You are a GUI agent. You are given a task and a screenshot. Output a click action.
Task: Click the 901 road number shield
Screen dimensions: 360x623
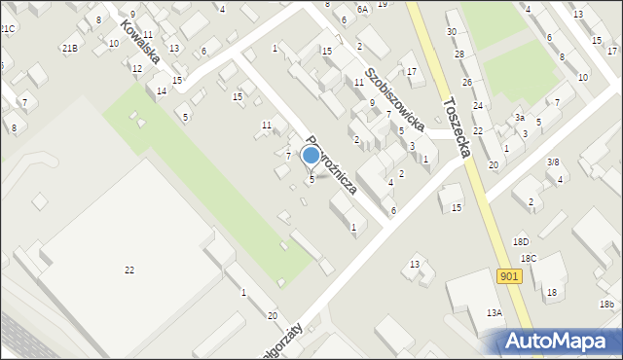509,277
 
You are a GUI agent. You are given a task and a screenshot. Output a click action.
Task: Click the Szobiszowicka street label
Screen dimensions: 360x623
393,99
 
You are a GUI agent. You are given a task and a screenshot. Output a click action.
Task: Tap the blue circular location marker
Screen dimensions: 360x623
311,155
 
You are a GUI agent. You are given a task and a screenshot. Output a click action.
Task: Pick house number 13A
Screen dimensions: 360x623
495,312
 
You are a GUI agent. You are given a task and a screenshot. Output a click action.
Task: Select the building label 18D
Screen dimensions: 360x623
522,241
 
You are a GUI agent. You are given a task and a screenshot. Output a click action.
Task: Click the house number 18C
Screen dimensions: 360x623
529,258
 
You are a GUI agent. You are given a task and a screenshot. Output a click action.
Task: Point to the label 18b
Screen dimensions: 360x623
607,305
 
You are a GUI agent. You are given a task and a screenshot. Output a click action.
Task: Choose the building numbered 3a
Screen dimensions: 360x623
521,117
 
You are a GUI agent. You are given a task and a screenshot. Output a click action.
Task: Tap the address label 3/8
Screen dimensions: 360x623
552,162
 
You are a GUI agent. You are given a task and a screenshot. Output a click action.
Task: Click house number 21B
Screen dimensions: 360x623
69,48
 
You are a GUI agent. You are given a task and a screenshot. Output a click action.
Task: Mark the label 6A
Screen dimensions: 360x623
363,9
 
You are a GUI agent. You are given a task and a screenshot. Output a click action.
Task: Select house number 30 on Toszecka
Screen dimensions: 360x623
452,32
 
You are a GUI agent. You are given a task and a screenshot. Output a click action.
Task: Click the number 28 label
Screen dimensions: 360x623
459,54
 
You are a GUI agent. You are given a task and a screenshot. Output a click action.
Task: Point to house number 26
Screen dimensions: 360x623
467,83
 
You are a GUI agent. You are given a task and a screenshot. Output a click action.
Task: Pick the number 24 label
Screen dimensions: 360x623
478,105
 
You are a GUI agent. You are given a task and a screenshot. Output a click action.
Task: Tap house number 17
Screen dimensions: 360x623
412,72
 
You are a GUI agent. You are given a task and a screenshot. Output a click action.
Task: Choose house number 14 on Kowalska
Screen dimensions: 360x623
162,91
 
